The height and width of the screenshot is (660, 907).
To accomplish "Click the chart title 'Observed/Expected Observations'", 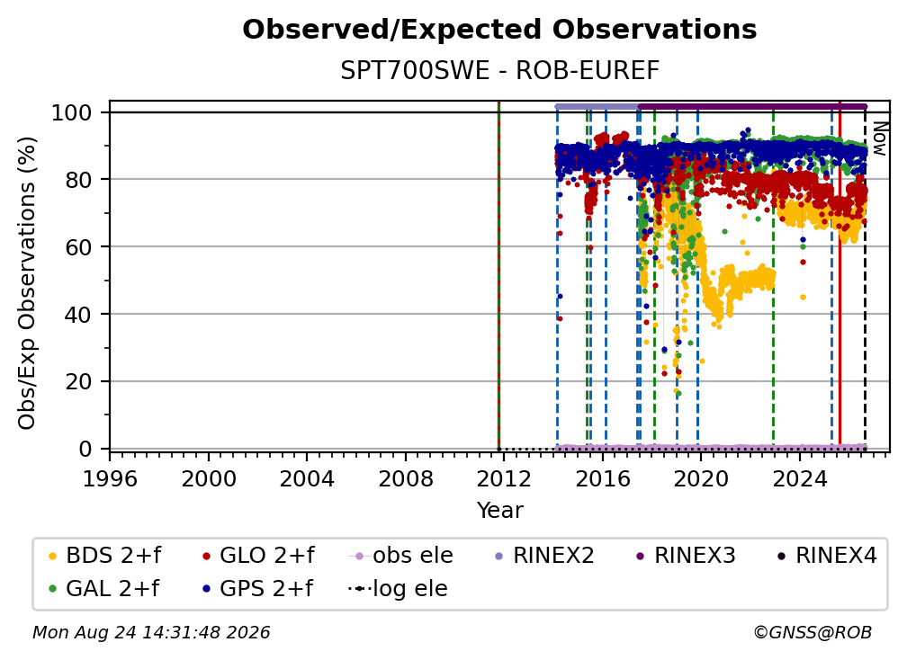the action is [x=499, y=30].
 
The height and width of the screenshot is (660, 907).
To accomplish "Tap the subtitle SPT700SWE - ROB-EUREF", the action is [x=499, y=70].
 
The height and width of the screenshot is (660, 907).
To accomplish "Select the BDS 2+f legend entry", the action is [x=104, y=556].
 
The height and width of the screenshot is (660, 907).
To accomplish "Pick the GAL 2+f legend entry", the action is [x=103, y=588].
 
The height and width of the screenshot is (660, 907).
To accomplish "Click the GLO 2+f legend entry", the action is [x=258, y=556].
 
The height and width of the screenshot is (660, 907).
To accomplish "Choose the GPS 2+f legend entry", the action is [x=258, y=588].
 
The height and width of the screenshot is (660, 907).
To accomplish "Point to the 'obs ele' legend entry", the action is [x=401, y=556].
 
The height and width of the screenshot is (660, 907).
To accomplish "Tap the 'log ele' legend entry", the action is [x=398, y=588].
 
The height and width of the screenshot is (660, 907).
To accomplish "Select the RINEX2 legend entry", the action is [x=544, y=556].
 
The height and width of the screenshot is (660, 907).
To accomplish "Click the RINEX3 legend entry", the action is [x=686, y=556].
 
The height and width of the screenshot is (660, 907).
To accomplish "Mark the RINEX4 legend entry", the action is [x=827, y=556].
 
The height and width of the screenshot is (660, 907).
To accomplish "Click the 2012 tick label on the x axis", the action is [x=504, y=478].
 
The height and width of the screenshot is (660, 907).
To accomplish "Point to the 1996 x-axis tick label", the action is [x=110, y=478].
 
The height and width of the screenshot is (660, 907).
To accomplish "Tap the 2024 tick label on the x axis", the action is [x=799, y=478].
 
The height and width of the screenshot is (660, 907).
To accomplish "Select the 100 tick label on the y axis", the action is [x=72, y=112].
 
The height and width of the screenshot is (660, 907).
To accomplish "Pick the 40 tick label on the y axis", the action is [x=78, y=315].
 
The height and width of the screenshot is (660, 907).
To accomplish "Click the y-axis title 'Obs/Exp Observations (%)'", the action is [x=27, y=283].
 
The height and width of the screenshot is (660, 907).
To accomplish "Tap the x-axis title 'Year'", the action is [x=499, y=511].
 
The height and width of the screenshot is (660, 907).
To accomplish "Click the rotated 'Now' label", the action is [x=880, y=138].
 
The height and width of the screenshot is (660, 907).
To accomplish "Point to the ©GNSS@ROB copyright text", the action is [x=813, y=632].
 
